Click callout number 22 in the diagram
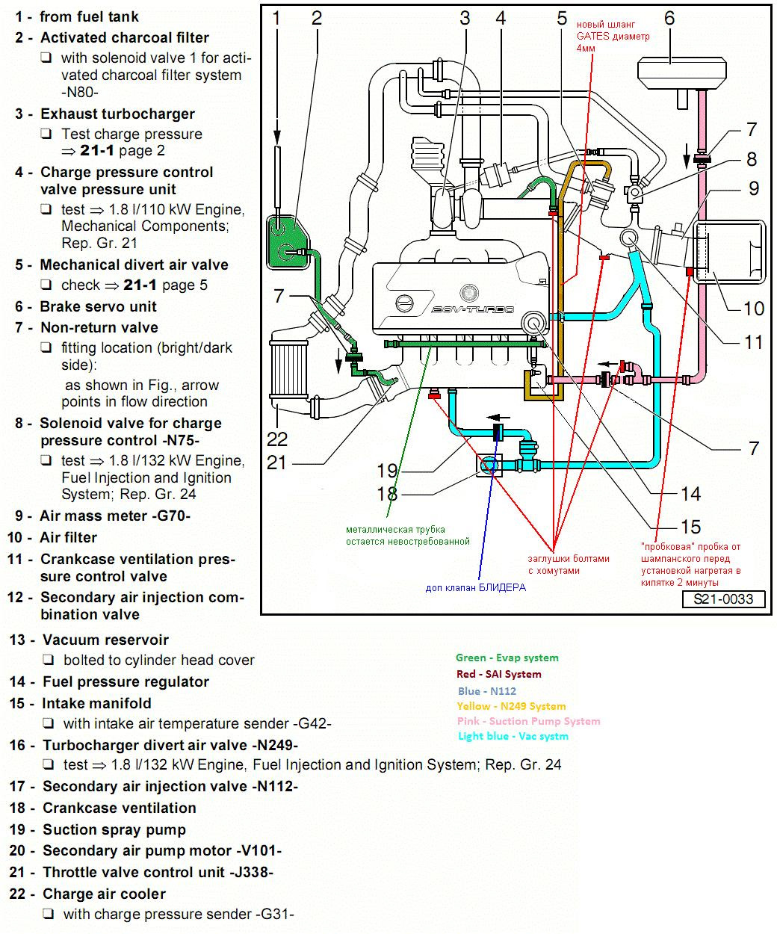click(x=277, y=438)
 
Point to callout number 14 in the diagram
click(x=690, y=493)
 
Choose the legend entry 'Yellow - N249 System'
click(x=511, y=706)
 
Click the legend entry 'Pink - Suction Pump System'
click(x=528, y=721)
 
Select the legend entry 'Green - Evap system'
click(x=507, y=658)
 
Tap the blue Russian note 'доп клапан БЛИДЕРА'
click(x=475, y=587)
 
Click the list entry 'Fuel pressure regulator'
click(x=126, y=681)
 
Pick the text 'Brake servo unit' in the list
click(x=98, y=306)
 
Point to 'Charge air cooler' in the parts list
click(x=104, y=894)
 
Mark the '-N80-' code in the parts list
click(x=80, y=92)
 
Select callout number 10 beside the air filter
click(x=753, y=308)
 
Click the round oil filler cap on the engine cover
click(x=404, y=303)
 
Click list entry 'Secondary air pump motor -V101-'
click(x=161, y=850)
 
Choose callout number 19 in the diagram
click(x=387, y=471)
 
